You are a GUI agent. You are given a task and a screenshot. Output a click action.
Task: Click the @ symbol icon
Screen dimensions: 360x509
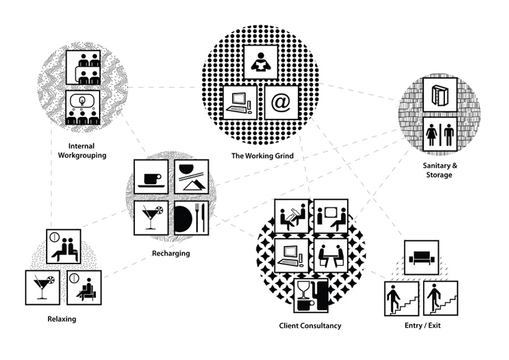(281, 102)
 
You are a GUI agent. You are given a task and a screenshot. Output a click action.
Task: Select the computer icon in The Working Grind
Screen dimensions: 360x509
(240, 102)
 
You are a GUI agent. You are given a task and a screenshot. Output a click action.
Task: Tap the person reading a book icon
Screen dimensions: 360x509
(260, 61)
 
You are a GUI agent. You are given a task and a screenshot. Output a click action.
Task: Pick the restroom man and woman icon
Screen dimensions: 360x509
(440, 134)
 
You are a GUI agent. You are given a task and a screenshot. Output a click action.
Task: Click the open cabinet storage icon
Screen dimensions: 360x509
(439, 95)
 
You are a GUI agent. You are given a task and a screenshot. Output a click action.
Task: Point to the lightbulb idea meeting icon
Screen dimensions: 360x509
(83, 108)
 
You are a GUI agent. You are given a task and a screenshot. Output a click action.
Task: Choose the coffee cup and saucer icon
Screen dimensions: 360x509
(151, 177)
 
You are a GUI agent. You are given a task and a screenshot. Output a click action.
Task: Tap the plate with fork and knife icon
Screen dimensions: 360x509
(191, 217)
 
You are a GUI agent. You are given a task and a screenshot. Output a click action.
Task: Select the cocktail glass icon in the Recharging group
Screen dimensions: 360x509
(151, 217)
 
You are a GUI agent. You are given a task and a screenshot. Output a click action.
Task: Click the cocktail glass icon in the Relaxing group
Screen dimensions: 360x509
(42, 287)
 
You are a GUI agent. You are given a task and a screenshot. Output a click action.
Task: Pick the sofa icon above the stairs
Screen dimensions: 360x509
(421, 256)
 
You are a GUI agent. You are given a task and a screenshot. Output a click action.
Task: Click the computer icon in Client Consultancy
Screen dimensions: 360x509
(292, 255)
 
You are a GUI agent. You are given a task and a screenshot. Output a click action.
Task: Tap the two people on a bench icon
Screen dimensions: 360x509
(64, 247)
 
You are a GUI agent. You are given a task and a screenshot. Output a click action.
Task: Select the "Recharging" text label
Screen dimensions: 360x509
(170, 253)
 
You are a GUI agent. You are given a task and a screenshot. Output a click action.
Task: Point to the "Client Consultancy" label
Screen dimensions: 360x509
(311, 325)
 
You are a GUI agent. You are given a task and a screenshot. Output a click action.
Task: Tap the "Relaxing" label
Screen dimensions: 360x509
(61, 319)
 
